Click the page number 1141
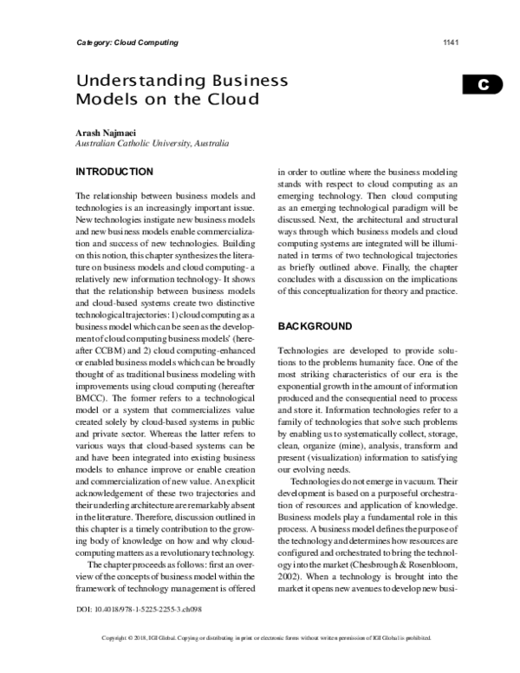pyautogui.click(x=450, y=42)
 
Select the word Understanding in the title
pyautogui.click(x=132, y=80)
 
